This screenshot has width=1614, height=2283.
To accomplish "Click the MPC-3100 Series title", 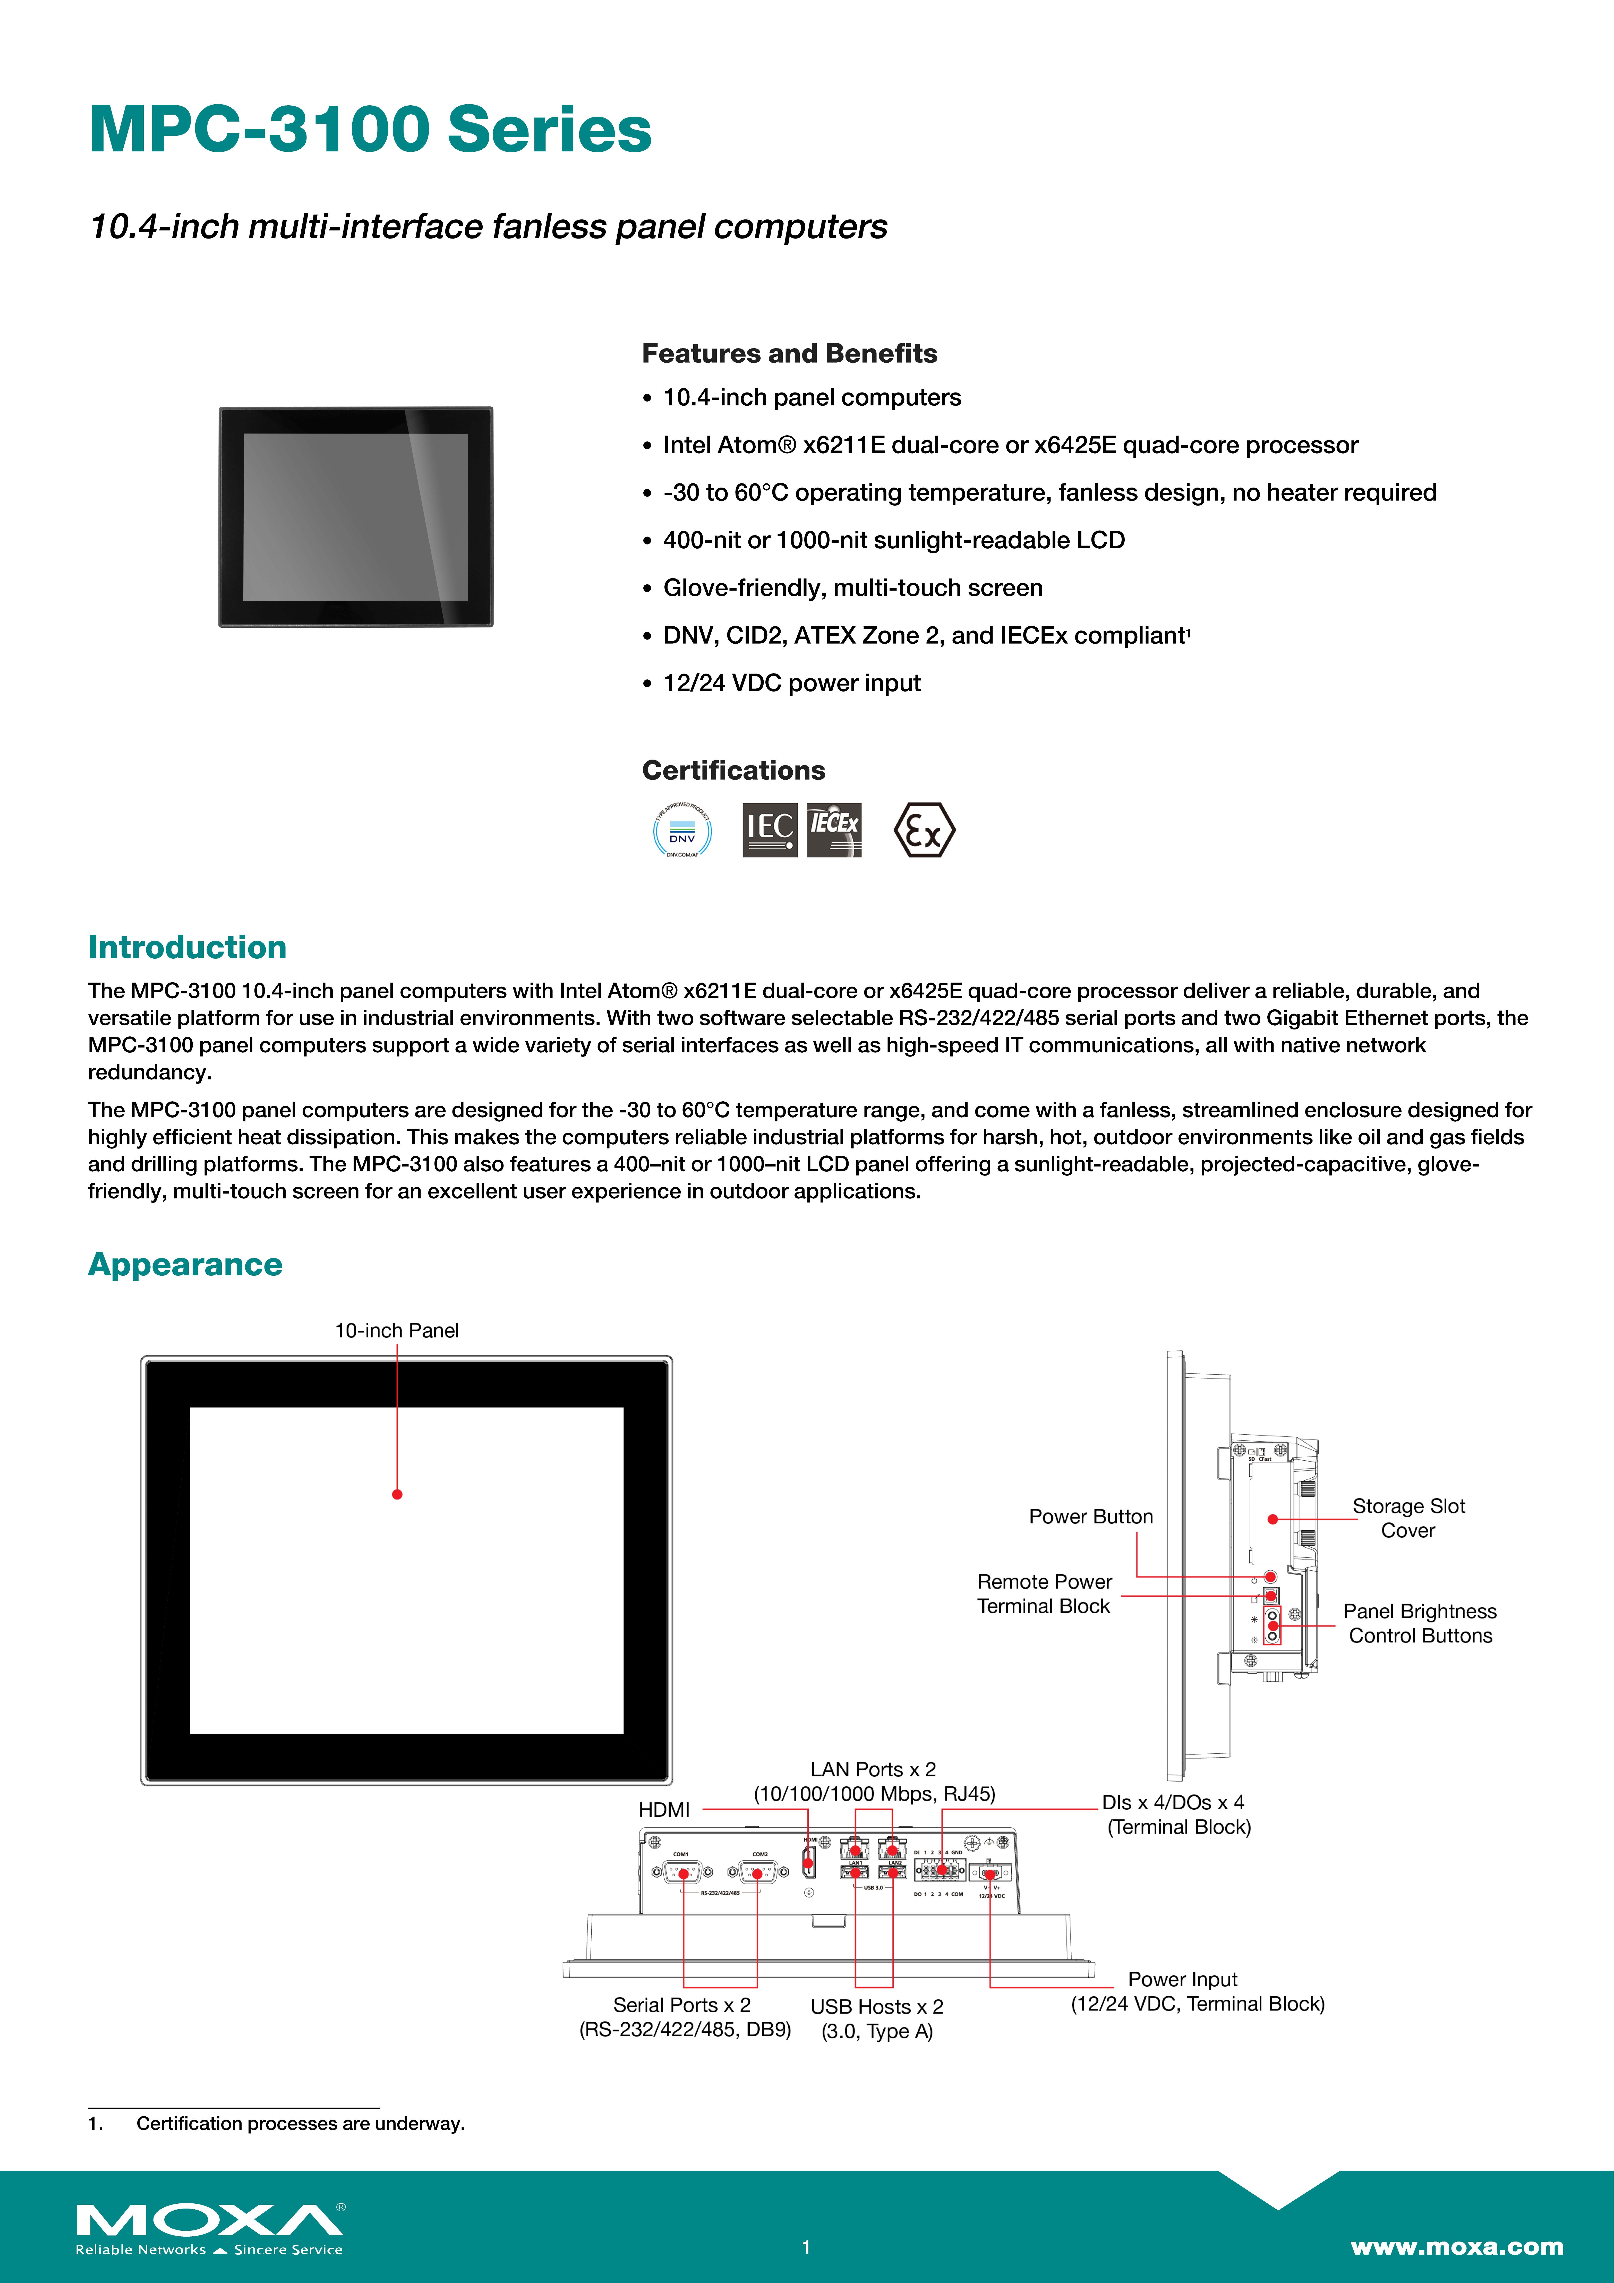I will tap(370, 130).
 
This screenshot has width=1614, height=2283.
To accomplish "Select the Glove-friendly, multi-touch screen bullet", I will tap(852, 588).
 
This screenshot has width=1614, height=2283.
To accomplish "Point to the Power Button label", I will tap(1091, 1516).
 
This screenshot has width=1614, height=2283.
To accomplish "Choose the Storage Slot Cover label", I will tap(1408, 1518).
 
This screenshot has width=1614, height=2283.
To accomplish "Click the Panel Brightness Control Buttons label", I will tap(1419, 1624).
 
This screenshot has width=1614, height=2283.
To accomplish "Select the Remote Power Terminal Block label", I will tap(1044, 1594).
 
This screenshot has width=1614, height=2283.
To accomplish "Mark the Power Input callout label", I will tap(1197, 1992).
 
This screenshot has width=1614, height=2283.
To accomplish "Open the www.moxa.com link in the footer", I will tap(1456, 2246).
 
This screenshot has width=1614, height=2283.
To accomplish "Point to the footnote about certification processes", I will tap(300, 2124).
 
